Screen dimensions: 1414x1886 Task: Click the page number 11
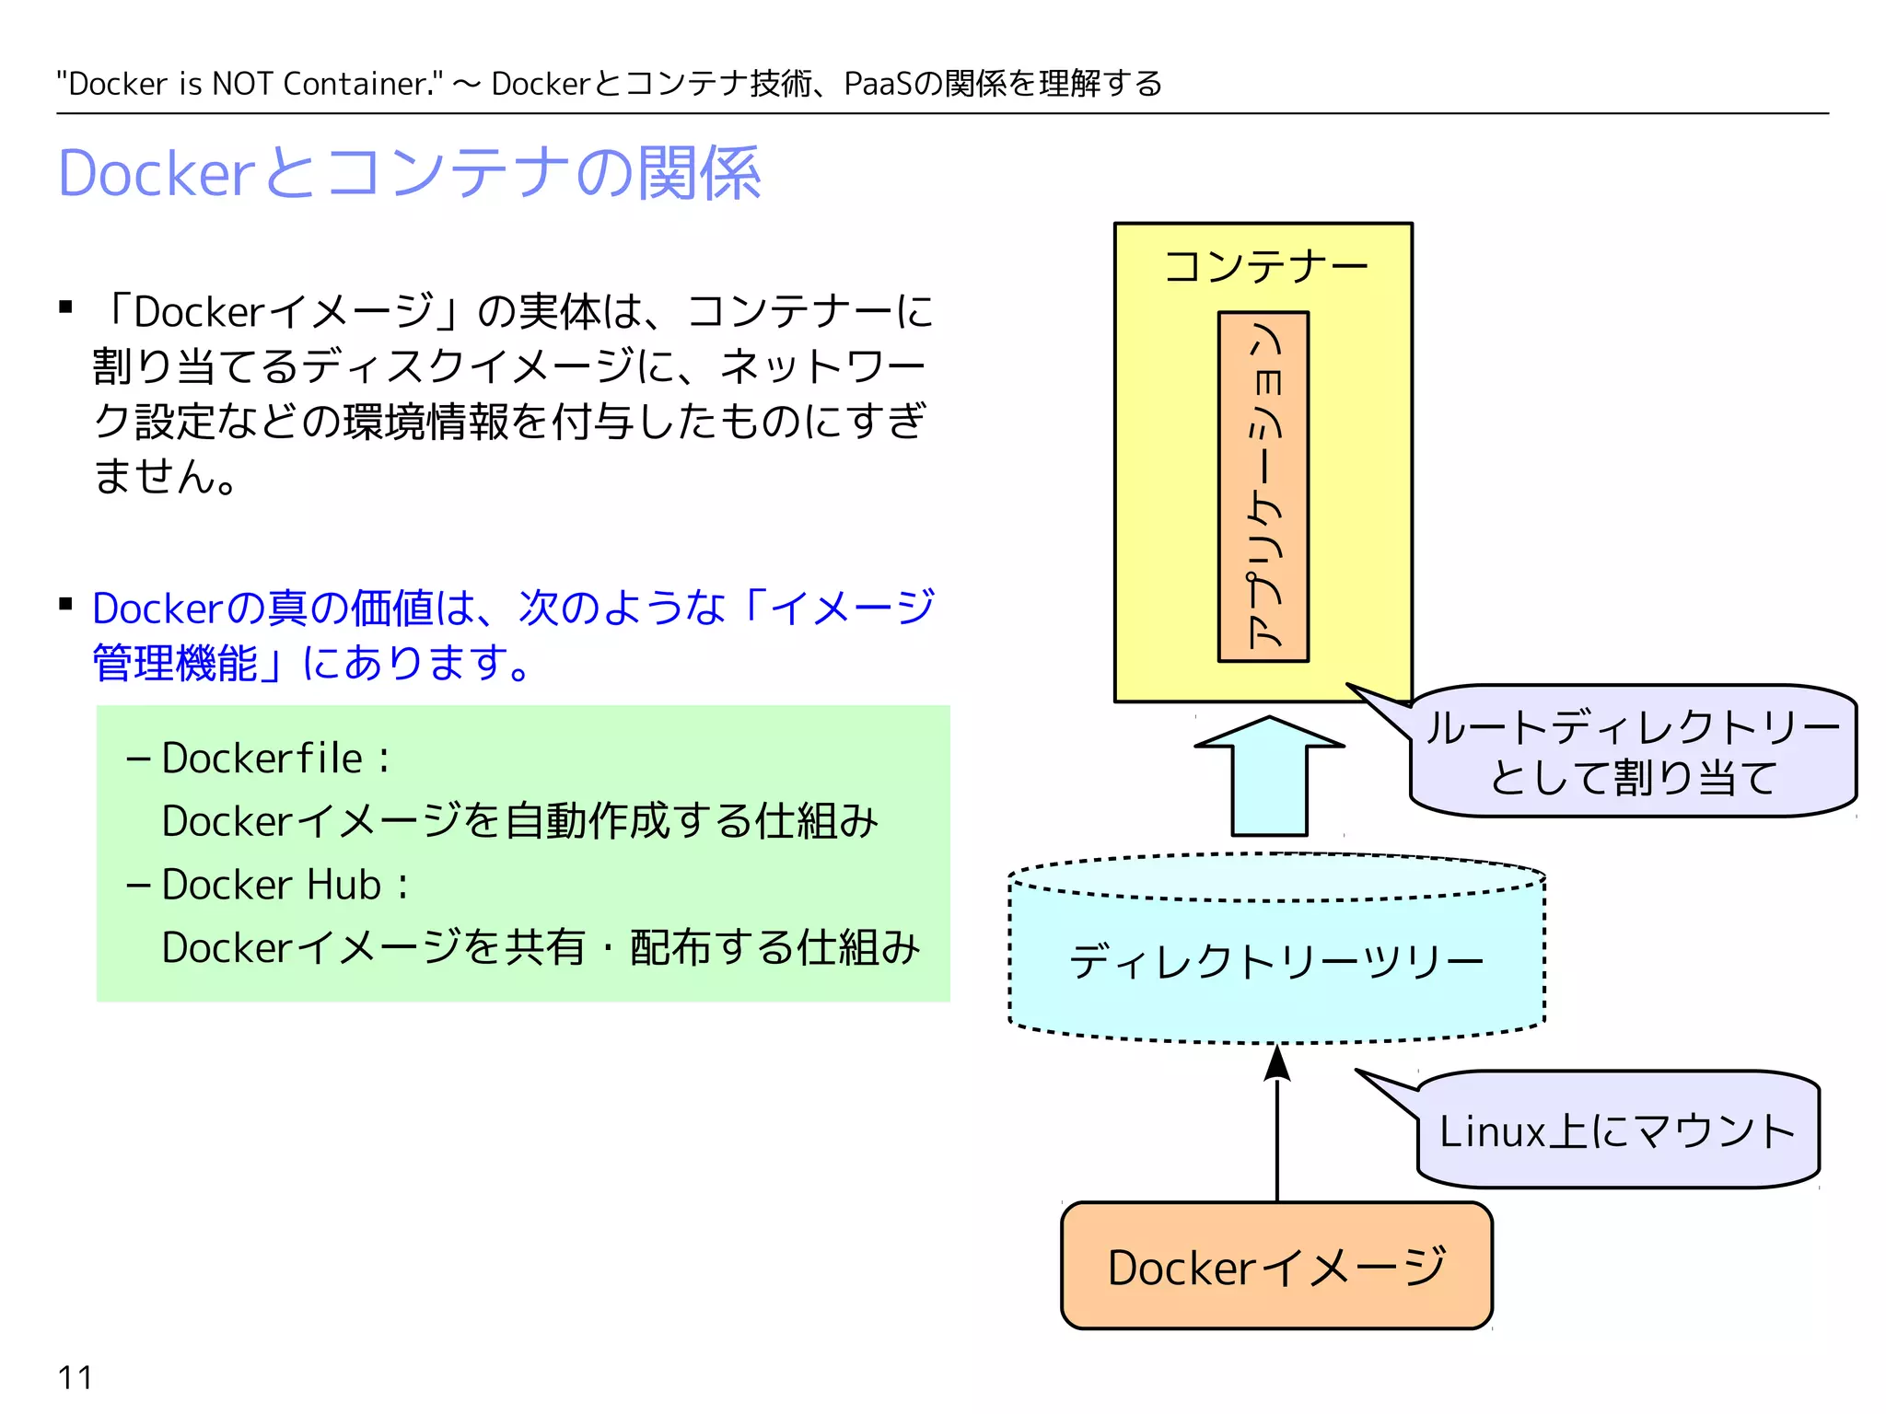(75, 1377)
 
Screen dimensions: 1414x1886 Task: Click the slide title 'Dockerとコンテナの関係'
(409, 173)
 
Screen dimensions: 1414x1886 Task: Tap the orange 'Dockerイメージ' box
(1276, 1267)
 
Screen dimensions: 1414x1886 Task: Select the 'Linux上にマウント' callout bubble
(1617, 1130)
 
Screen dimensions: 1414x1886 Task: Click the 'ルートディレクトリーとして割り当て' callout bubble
(1632, 751)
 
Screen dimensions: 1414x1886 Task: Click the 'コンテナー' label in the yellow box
(1265, 266)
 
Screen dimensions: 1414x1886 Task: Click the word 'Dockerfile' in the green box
(262, 759)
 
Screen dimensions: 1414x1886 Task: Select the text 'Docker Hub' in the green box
(271, 885)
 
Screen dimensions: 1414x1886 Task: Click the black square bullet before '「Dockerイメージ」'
(65, 307)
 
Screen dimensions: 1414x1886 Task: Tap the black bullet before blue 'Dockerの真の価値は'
(65, 605)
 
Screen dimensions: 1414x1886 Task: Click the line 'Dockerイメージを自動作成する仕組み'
(519, 821)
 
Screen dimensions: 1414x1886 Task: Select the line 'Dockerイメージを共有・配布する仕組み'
(541, 947)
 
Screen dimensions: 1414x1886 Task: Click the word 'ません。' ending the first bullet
(166, 476)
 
